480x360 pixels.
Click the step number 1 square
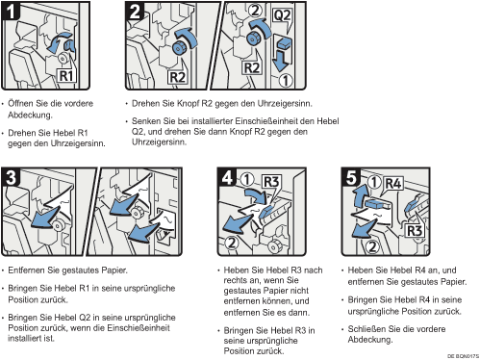[x=11, y=11]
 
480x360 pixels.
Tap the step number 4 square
[x=227, y=177]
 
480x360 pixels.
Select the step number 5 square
[x=351, y=177]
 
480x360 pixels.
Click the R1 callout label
[x=66, y=76]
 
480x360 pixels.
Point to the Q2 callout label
[x=282, y=15]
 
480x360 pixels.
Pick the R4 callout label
[x=393, y=184]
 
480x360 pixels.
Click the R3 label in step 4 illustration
[x=271, y=182]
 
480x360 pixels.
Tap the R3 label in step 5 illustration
[x=415, y=230]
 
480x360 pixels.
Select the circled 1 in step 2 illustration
[x=285, y=81]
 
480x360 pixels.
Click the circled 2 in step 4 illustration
[x=232, y=243]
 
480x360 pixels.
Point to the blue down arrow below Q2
[x=281, y=60]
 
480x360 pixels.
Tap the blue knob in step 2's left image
[x=178, y=48]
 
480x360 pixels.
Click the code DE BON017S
[x=463, y=356]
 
